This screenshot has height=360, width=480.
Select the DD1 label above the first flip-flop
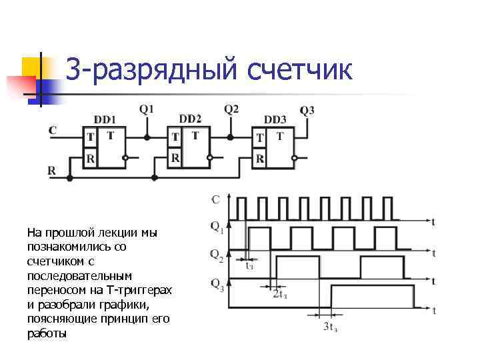(105, 120)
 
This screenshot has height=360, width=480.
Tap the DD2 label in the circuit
(191, 119)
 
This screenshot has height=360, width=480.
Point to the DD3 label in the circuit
(275, 120)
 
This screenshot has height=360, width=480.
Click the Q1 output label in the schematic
(147, 109)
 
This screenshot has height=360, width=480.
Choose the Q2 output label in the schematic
(231, 109)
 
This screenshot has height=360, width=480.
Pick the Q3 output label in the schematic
(307, 111)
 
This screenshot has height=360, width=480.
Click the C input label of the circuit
(52, 130)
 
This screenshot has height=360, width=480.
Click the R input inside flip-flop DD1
(91, 159)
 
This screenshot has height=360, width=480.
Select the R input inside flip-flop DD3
(260, 159)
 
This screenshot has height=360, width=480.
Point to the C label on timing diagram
(215, 199)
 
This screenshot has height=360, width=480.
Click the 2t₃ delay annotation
(280, 295)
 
